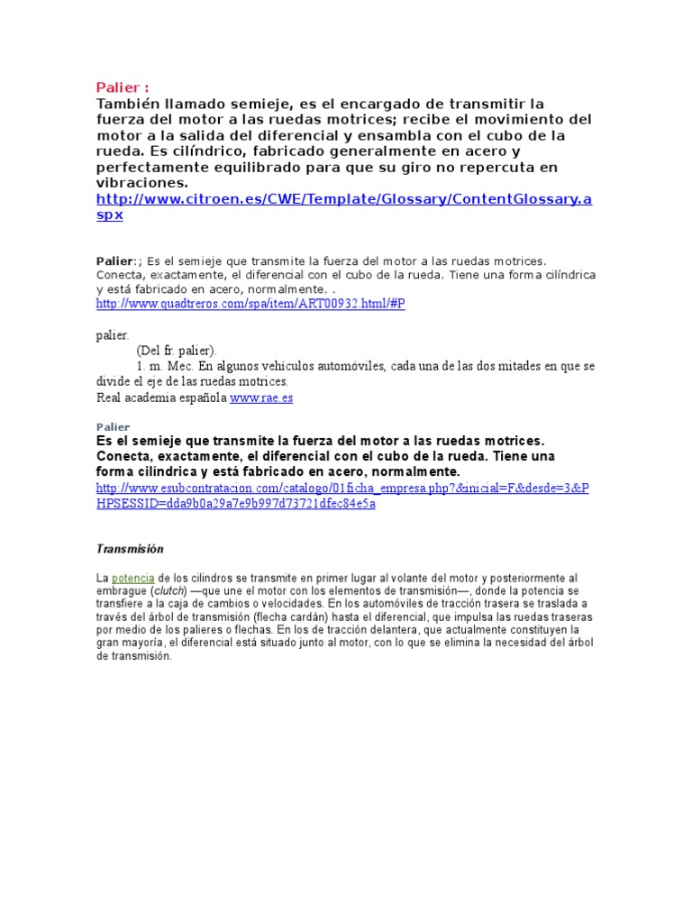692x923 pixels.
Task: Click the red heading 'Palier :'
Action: pyautogui.click(x=123, y=87)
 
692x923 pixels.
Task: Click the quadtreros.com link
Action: pyautogui.click(x=250, y=305)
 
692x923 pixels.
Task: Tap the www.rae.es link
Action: pyautogui.click(x=261, y=397)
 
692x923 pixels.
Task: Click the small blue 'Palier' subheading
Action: pyautogui.click(x=113, y=426)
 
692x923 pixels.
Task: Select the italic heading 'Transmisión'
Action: pyautogui.click(x=130, y=548)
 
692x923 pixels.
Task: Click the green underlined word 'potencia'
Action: pyautogui.click(x=133, y=577)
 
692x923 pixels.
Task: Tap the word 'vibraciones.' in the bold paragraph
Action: pyautogui.click(x=142, y=182)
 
